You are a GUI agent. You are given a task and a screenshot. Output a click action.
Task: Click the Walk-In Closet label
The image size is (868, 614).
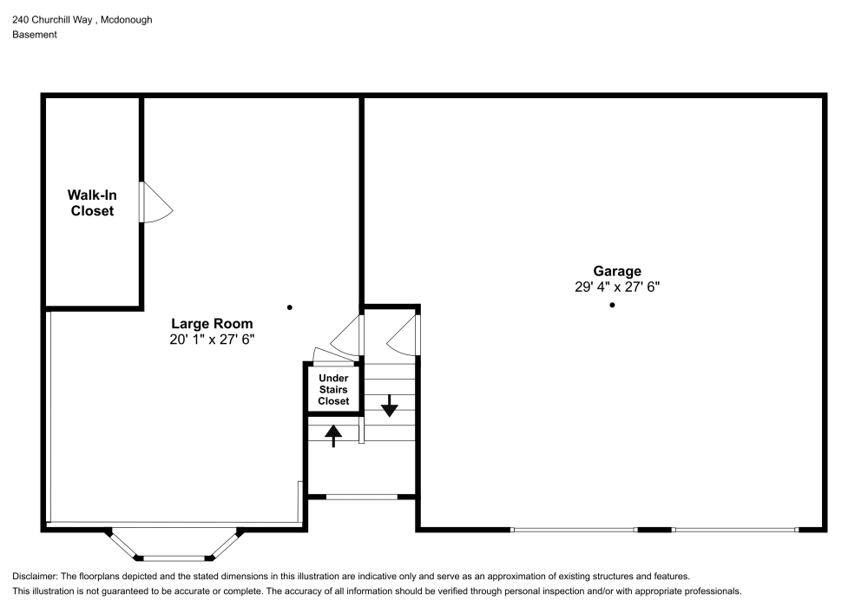click(x=92, y=202)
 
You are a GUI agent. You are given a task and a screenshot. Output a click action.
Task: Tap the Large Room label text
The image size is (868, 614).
click(x=212, y=323)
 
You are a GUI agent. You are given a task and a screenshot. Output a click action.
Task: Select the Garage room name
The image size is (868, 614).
click(x=617, y=271)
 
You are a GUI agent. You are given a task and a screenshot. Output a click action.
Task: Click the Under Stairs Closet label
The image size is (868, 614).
click(x=333, y=389)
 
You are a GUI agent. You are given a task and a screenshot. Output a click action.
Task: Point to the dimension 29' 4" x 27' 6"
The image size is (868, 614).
click(x=617, y=287)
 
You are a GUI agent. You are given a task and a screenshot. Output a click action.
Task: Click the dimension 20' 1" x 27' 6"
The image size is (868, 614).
click(x=212, y=340)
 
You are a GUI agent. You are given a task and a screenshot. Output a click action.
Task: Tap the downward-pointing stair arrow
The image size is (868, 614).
click(x=390, y=406)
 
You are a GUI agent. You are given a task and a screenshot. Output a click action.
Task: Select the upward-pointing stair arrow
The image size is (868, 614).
click(x=332, y=436)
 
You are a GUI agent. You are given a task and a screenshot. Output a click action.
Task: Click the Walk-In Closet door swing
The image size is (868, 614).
click(x=156, y=202)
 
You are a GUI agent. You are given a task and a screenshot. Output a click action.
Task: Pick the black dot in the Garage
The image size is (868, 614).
click(x=612, y=305)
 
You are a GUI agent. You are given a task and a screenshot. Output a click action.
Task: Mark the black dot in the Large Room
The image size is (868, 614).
click(x=290, y=307)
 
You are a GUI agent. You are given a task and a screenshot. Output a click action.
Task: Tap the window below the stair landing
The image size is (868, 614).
click(x=361, y=497)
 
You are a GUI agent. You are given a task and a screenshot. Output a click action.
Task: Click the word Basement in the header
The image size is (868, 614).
click(x=35, y=35)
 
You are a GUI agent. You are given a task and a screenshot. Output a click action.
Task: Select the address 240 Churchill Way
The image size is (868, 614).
click(x=52, y=20)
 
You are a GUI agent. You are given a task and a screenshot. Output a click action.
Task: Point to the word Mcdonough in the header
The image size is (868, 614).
click(x=126, y=20)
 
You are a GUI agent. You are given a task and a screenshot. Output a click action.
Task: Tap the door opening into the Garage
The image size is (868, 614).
click(x=403, y=334)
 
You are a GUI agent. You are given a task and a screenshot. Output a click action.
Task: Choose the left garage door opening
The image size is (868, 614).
click(x=574, y=530)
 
